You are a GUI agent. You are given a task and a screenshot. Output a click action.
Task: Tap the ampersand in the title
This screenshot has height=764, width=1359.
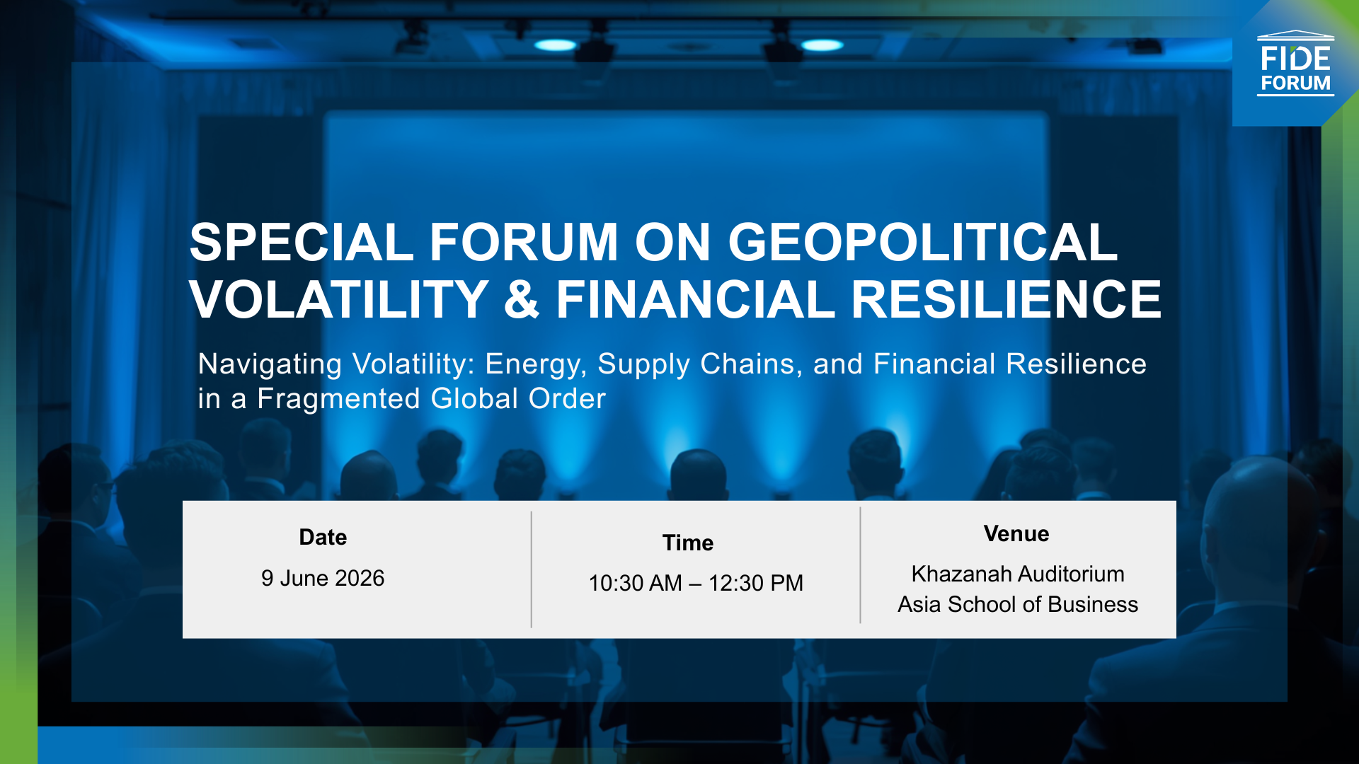click(x=522, y=300)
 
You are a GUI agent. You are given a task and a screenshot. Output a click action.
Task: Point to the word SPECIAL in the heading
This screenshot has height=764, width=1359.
click(x=302, y=243)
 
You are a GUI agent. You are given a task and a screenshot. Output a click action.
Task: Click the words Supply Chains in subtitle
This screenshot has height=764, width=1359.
click(x=699, y=364)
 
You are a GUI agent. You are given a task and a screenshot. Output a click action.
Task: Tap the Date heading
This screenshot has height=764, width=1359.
click(x=323, y=538)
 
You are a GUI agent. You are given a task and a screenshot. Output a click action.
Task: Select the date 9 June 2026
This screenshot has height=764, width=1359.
click(x=323, y=579)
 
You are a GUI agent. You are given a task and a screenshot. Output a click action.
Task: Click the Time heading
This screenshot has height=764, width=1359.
click(x=687, y=543)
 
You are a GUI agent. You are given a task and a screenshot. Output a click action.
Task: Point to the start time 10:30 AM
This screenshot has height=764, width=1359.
click(x=635, y=584)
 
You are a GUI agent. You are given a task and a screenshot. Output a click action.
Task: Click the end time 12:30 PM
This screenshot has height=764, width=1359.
click(x=755, y=584)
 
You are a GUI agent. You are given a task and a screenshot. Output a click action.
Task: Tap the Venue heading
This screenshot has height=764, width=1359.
click(x=1016, y=534)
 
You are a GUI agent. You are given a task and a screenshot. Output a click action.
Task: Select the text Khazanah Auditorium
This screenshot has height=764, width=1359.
click(x=1017, y=574)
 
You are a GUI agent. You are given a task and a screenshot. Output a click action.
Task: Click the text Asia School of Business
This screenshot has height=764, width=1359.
click(x=1017, y=605)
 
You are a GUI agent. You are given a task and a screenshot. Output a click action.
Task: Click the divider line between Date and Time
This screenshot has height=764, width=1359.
click(x=531, y=569)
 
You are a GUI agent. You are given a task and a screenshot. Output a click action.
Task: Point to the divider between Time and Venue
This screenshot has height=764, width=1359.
click(x=860, y=566)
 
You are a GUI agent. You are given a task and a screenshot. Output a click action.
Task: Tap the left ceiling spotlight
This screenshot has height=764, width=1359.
click(x=556, y=45)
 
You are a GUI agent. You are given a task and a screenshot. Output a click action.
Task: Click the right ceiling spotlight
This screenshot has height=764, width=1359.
click(x=822, y=45)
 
